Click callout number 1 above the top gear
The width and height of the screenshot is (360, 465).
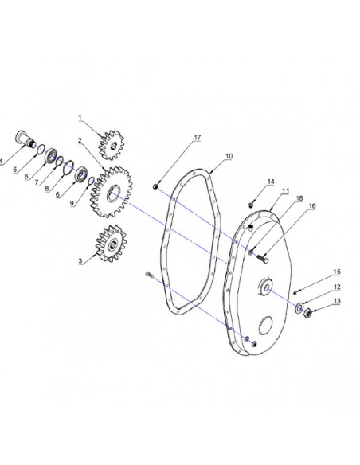click(x=80, y=118)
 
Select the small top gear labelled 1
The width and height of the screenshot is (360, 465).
click(x=112, y=145)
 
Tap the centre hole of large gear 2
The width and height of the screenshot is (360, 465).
click(x=114, y=193)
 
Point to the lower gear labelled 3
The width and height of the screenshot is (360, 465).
click(x=111, y=244)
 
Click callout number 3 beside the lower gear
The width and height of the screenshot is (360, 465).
click(x=80, y=261)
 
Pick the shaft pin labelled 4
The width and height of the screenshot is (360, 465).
click(x=25, y=139)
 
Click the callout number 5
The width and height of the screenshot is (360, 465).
click(x=15, y=170)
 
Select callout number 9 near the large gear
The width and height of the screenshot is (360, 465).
click(x=72, y=204)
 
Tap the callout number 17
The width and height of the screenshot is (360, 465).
click(x=198, y=138)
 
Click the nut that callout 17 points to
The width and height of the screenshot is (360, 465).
click(x=155, y=186)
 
